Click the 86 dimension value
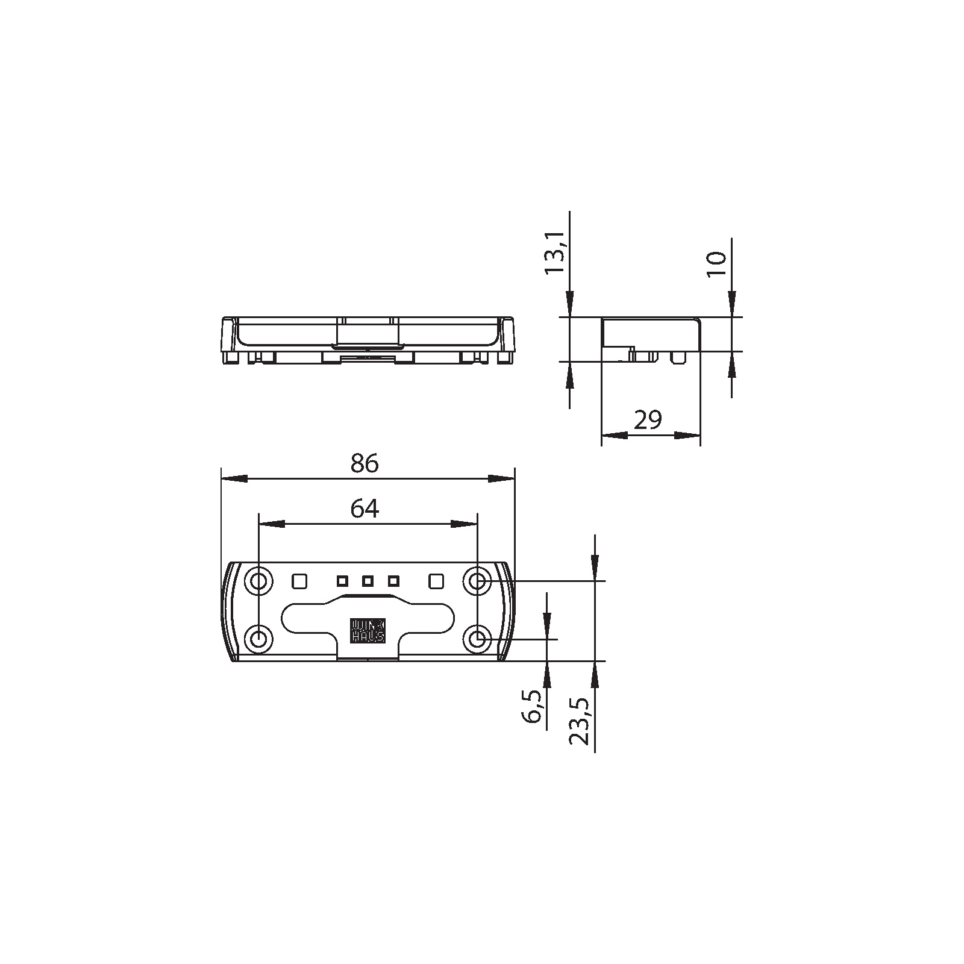pyautogui.click(x=365, y=464)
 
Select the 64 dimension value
pyautogui.click(x=365, y=510)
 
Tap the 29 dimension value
pyautogui.click(x=648, y=420)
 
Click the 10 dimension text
pyautogui.click(x=717, y=264)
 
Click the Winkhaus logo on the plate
pyautogui.click(x=368, y=630)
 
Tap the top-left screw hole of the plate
pyautogui.click(x=258, y=581)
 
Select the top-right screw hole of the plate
pyautogui.click(x=477, y=581)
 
